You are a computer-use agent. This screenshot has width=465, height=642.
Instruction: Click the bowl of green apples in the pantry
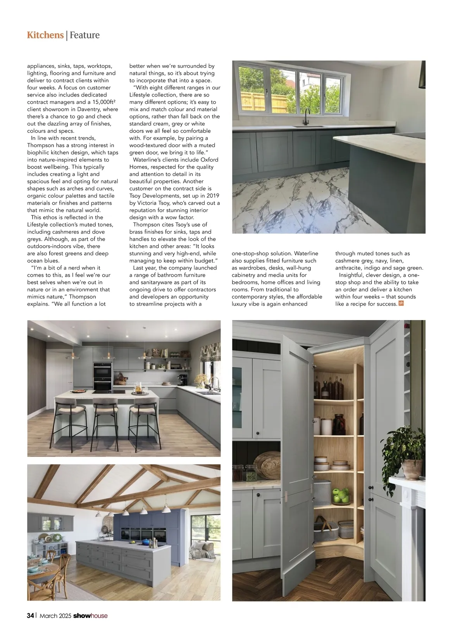click(x=341, y=495)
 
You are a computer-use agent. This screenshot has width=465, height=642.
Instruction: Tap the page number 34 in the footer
click(x=30, y=616)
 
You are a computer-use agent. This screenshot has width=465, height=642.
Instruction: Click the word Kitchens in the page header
click(x=45, y=35)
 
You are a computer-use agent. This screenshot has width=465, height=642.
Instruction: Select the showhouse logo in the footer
click(x=90, y=616)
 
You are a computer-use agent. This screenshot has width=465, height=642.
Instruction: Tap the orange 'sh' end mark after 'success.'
click(x=401, y=303)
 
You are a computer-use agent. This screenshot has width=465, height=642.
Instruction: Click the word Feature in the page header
click(x=85, y=35)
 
